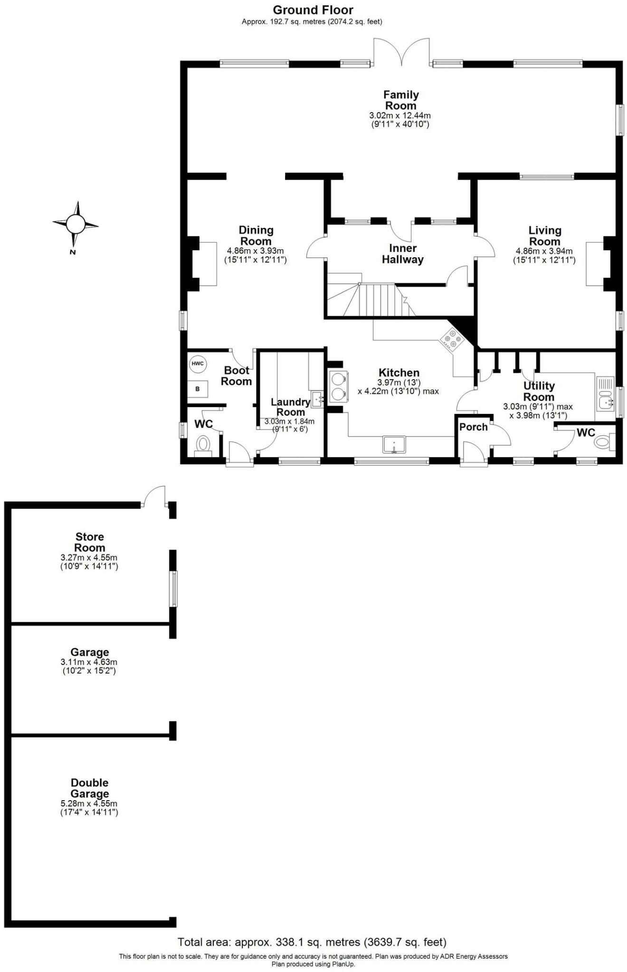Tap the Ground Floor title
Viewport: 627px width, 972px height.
click(x=313, y=10)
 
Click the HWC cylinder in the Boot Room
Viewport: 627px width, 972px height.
click(x=198, y=364)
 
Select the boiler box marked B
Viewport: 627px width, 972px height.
click(x=198, y=389)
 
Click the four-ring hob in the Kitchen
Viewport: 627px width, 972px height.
click(x=452, y=340)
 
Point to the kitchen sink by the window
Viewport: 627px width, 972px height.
click(x=394, y=444)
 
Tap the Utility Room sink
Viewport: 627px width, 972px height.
click(x=606, y=403)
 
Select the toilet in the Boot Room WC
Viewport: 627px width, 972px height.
click(x=203, y=445)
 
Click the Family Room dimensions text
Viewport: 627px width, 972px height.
click(x=400, y=120)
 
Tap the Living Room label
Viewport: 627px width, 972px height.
click(x=544, y=236)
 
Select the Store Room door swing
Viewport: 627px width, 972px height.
click(x=155, y=496)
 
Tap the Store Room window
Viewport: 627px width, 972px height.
click(x=174, y=589)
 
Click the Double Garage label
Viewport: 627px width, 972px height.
click(x=89, y=788)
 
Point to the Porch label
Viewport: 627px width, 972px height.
click(x=473, y=427)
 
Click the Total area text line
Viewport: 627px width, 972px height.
click(x=312, y=942)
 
